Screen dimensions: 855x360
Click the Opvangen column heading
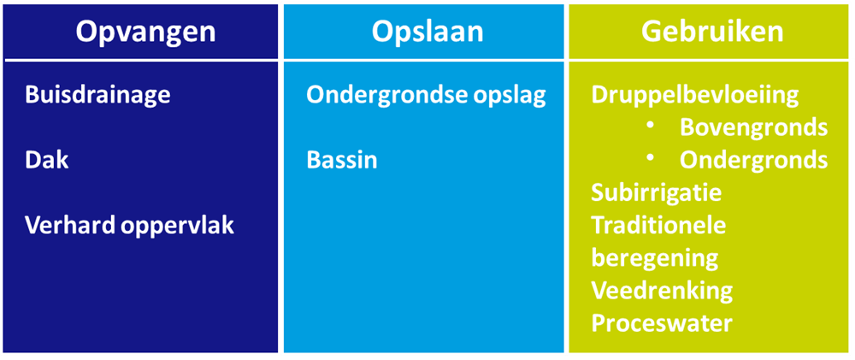pyautogui.click(x=145, y=32)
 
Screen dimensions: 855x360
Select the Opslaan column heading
pyautogui.click(x=427, y=32)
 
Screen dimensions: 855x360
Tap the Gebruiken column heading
pyautogui.click(x=712, y=32)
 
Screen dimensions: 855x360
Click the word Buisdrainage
pyautogui.click(x=97, y=96)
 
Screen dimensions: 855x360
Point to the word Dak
pyautogui.click(x=47, y=161)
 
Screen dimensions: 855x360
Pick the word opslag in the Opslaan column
pyautogui.click(x=505, y=97)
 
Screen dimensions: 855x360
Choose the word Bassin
pyautogui.click(x=341, y=161)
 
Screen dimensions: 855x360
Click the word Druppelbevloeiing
pyautogui.click(x=695, y=96)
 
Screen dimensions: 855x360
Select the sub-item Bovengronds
pyautogui.click(x=753, y=128)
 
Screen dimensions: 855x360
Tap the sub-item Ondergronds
pyautogui.click(x=753, y=161)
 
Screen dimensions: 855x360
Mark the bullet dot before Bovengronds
pyautogui.click(x=651, y=127)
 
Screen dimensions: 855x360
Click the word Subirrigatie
pyautogui.click(x=657, y=193)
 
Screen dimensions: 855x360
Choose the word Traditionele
pyautogui.click(x=658, y=225)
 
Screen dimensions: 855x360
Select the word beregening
pyautogui.click(x=654, y=259)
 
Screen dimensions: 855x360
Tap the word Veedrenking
pyautogui.click(x=662, y=292)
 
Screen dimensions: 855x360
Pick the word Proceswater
pyautogui.click(x=662, y=324)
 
